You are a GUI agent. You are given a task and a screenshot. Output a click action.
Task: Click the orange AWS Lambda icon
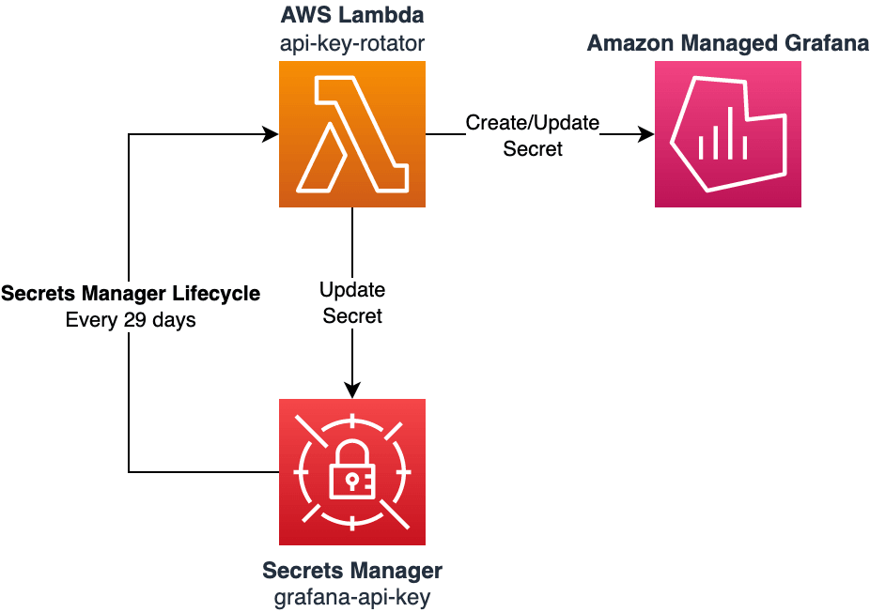point(352,134)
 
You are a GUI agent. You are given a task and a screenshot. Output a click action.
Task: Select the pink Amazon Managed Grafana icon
point(727,134)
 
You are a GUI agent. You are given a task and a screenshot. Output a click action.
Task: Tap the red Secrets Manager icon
point(352,471)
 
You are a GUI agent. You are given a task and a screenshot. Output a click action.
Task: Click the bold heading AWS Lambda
point(352,16)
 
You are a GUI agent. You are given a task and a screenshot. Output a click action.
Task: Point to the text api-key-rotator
point(352,42)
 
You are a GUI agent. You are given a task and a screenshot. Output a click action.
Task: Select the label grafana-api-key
point(352,597)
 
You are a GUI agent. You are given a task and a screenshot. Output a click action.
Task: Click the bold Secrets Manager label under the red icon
point(352,571)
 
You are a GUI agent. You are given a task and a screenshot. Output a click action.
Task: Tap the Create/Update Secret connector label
point(533,135)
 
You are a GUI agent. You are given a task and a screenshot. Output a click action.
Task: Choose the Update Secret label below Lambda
point(352,302)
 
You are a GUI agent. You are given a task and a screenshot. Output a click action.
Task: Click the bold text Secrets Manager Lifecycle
point(131,294)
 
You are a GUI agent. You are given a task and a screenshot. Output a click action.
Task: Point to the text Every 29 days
point(131,320)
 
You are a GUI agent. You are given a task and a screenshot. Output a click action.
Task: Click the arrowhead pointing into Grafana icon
point(646,134)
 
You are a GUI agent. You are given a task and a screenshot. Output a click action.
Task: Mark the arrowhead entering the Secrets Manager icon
point(352,390)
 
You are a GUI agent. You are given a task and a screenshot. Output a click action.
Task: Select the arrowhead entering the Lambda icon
point(271,134)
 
